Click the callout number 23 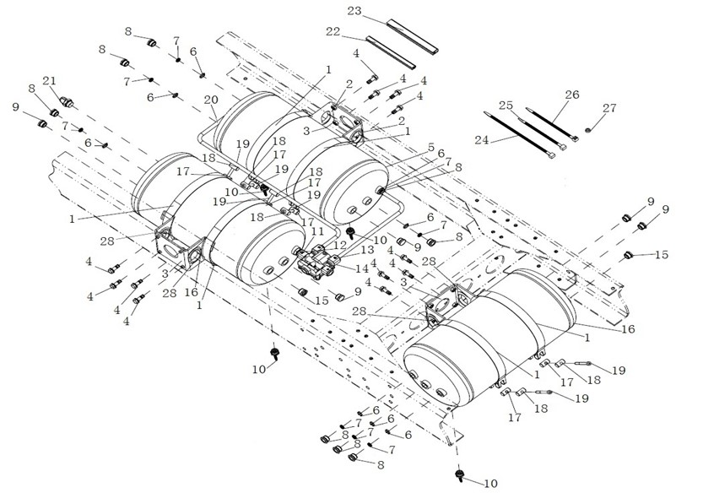[354, 11]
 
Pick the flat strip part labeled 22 [392, 52]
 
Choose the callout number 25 [506, 106]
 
